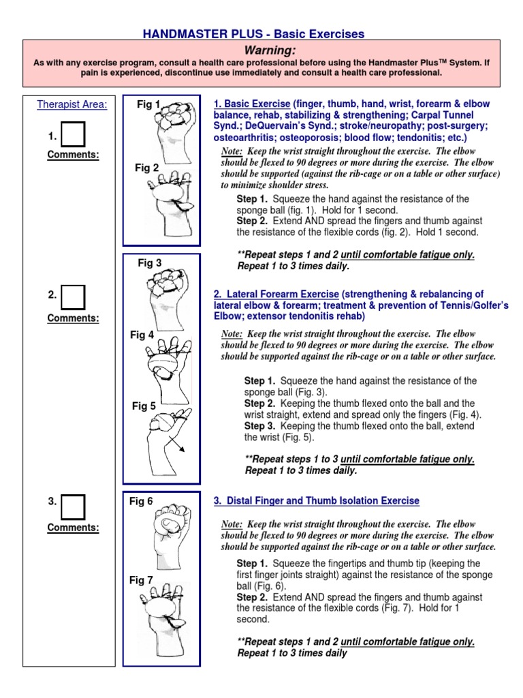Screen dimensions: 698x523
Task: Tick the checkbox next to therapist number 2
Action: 73,296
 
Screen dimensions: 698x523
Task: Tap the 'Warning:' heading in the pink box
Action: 261,50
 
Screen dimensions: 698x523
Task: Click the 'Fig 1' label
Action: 148,104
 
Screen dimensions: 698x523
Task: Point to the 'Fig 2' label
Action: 146,168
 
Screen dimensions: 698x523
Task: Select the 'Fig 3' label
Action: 150,262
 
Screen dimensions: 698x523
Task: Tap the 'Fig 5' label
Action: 144,406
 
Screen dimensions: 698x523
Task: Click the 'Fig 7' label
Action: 141,580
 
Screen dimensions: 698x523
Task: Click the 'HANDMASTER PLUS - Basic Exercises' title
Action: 253,33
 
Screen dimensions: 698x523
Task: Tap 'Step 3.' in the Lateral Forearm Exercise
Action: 259,426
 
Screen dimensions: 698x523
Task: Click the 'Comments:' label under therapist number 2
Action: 73,318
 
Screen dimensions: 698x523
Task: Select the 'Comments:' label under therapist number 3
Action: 73,527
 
